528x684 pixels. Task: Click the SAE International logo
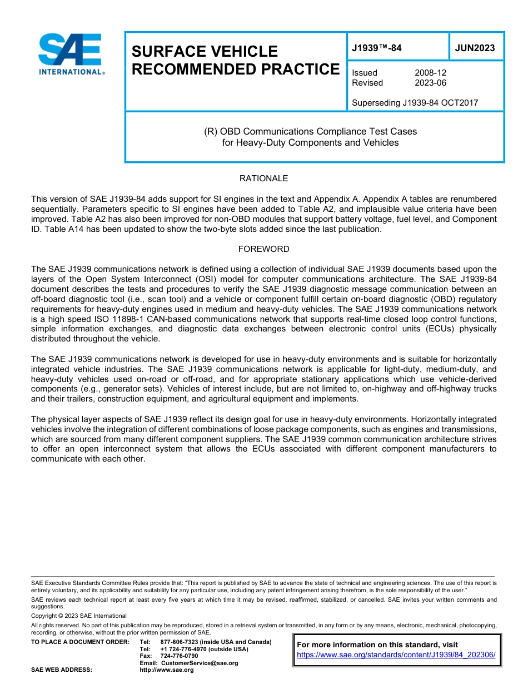70,53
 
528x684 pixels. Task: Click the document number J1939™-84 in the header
376,48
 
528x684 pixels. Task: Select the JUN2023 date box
475,48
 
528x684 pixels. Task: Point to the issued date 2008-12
430,73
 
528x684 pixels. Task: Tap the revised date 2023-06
430,83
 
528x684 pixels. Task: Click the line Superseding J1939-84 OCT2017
415,102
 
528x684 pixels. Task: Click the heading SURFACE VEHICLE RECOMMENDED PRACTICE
235,60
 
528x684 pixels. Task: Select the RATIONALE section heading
263,179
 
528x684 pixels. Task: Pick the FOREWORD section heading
263,249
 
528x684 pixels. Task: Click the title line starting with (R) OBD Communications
310,132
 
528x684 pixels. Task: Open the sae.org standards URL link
396,655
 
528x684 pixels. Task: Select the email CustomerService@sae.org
199,663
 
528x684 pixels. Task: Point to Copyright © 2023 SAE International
79,616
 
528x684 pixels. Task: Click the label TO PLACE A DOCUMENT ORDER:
80,642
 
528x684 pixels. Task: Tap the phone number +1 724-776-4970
183,649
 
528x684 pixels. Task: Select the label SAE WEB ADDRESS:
62,670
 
